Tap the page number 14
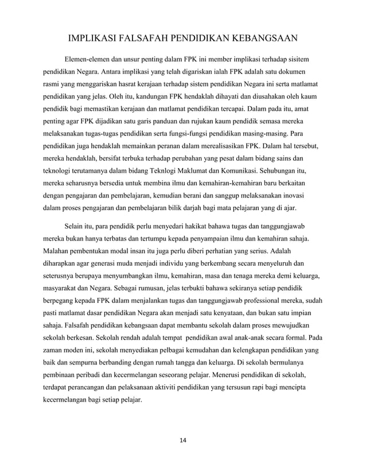(x=182, y=440)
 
